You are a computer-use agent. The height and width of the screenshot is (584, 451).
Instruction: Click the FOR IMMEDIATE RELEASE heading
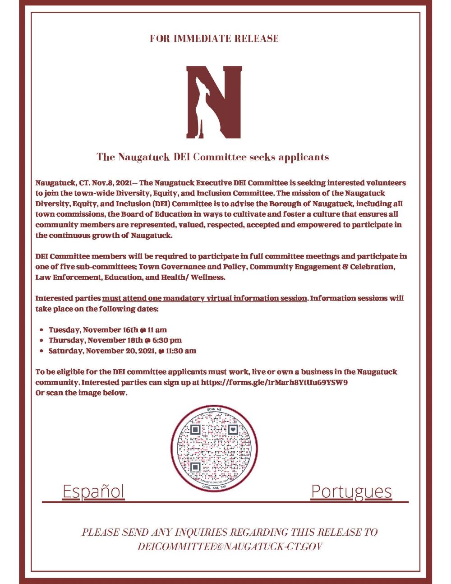214,38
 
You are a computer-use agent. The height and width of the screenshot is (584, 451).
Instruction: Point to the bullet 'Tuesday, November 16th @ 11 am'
107,330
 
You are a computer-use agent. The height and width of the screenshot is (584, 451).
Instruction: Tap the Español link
93,491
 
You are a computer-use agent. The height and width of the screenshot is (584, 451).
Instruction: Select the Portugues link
351,491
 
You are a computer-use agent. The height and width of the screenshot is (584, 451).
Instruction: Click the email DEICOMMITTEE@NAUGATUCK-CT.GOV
230,547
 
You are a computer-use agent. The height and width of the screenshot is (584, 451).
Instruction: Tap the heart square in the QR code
233,430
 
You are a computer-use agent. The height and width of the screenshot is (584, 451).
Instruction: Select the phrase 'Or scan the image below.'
81,393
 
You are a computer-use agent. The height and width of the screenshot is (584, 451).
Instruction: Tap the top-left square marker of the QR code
195,430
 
